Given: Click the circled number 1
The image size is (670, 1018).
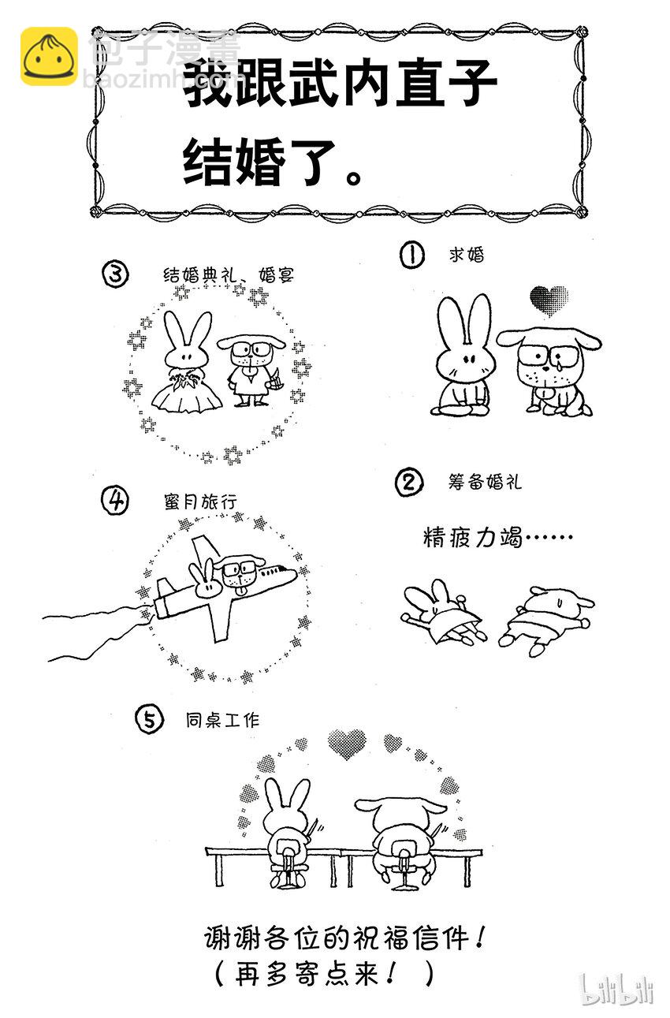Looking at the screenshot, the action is [x=411, y=255].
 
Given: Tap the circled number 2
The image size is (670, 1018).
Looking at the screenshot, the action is [x=410, y=482].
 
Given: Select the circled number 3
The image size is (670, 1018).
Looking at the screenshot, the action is [x=115, y=274].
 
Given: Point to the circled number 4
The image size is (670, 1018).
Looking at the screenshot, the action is [x=115, y=500].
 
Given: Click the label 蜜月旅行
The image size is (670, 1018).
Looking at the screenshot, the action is [x=201, y=502].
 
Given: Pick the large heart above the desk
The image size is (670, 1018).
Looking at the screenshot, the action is [x=347, y=743].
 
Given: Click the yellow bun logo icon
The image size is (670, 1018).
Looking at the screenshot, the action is [x=49, y=56].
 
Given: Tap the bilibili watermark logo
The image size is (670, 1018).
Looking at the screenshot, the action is [x=616, y=987].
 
